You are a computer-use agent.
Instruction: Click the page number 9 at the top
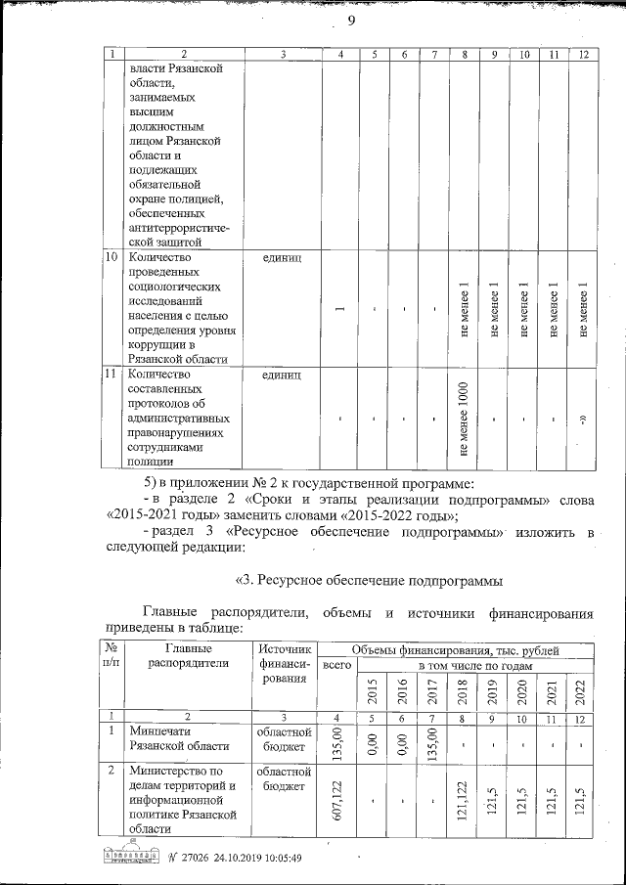pos(349,22)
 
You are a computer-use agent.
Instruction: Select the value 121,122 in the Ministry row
pos(462,798)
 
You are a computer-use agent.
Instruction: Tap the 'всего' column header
pos(336,666)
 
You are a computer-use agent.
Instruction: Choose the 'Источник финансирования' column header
pos(284,661)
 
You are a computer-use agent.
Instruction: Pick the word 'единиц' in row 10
pos(283,258)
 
